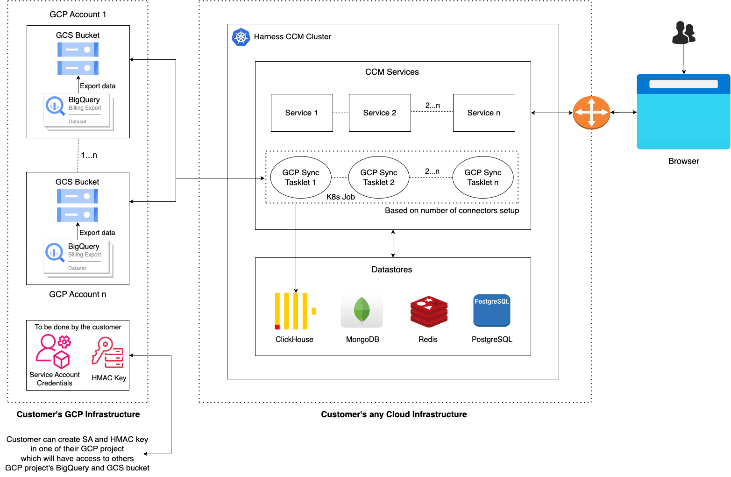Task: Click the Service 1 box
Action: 302,113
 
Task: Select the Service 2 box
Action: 380,113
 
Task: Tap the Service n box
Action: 484,113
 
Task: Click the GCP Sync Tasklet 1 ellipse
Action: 301,178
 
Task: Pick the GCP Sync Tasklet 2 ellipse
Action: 379,178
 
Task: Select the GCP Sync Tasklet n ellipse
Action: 483,178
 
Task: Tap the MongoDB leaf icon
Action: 362,311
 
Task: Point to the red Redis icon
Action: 429,312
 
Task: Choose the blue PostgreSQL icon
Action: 492,310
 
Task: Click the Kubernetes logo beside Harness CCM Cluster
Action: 241,37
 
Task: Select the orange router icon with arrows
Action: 591,113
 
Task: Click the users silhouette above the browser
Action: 683,33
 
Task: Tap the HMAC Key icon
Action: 108,353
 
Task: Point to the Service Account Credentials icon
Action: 53,351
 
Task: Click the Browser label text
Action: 683,161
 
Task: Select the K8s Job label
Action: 341,197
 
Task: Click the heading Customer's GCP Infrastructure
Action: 78,414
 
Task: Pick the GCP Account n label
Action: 78,294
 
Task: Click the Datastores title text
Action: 392,270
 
